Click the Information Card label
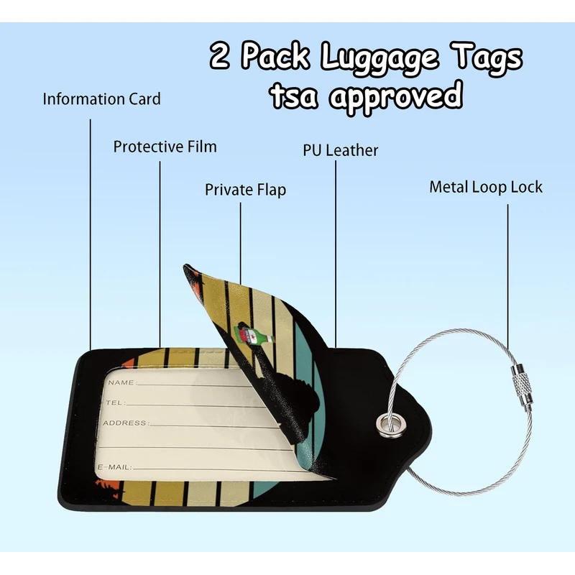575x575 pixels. click(101, 99)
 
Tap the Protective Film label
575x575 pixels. click(165, 147)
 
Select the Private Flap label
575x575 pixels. click(245, 190)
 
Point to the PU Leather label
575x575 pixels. click(340, 150)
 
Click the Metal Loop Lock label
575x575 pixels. click(486, 188)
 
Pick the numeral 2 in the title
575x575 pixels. click(220, 57)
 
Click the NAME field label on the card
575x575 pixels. click(121, 382)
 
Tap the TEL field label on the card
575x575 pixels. click(115, 403)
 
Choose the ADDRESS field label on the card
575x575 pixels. click(126, 423)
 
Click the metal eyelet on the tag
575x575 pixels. click(387, 423)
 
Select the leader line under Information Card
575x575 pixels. click(91, 230)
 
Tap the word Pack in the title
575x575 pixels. click(278, 57)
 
